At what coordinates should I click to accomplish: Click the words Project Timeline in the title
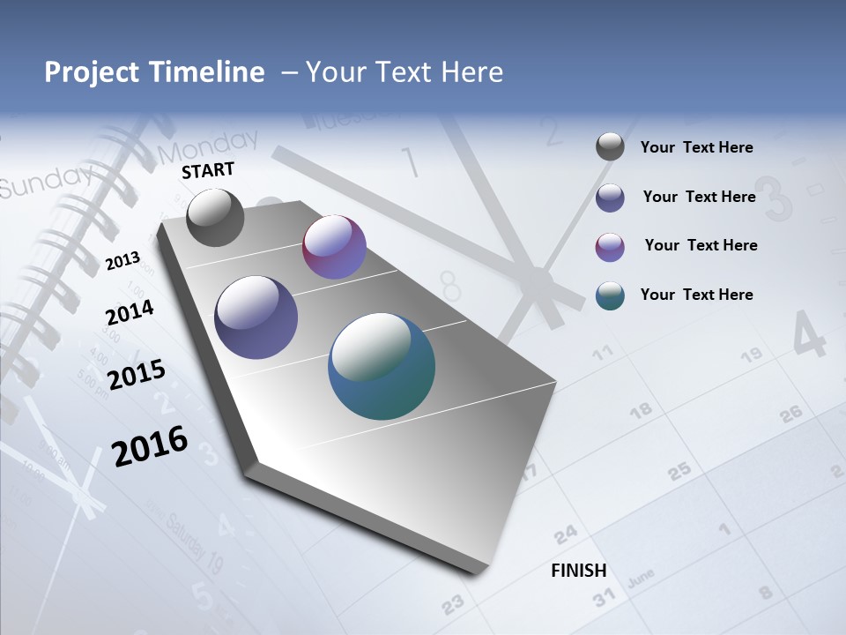coord(154,72)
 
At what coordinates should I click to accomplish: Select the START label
coord(208,170)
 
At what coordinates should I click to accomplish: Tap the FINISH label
coord(579,571)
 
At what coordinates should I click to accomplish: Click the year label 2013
coord(122,261)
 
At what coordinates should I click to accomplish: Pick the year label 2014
coord(130,312)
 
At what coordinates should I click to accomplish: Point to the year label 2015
coord(137,375)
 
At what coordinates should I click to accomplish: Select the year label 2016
coord(150,446)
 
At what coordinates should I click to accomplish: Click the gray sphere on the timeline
coord(215,217)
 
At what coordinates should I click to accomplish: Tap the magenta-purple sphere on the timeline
coord(334,247)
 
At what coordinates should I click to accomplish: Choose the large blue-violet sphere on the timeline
coord(256,317)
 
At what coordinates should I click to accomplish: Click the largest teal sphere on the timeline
coord(382,366)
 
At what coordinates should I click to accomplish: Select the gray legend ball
coord(610,146)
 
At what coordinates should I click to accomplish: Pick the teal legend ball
coord(610,295)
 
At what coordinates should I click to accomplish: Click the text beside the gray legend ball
coord(696,147)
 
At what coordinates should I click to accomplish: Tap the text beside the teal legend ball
coord(696,295)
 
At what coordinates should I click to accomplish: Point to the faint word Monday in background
coord(209,146)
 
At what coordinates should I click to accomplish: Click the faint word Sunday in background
coord(42,182)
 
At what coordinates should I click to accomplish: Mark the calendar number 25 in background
coord(679,472)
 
